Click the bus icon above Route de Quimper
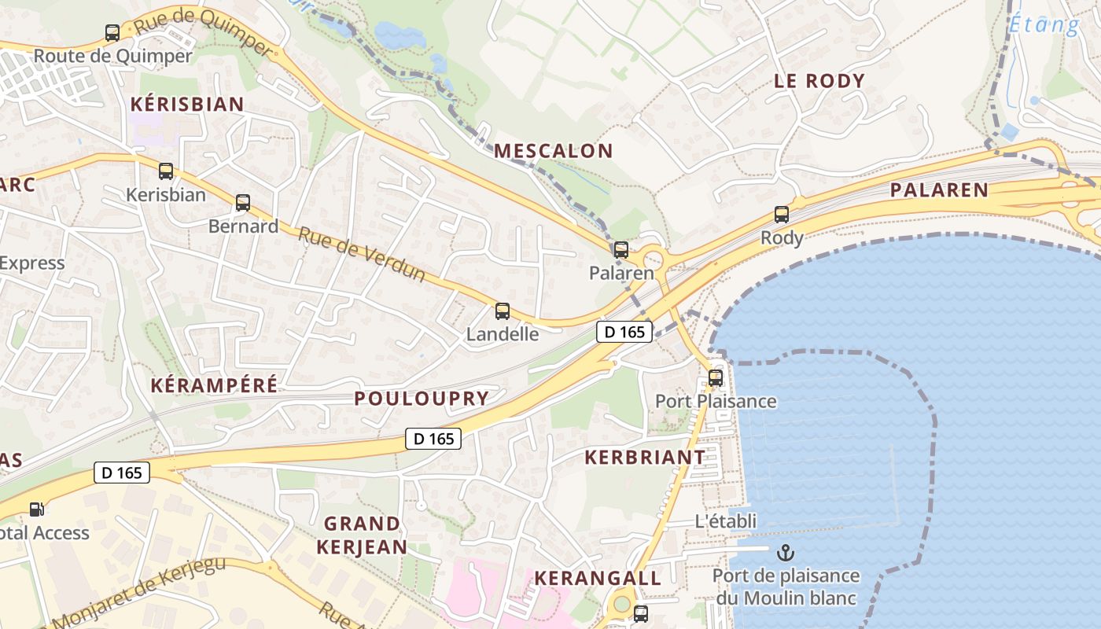click(112, 33)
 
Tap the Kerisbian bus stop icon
click(165, 171)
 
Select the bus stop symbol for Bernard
click(243, 203)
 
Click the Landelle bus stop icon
click(503, 311)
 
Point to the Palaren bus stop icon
click(621, 250)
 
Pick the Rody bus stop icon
click(782, 214)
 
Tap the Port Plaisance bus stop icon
click(716, 377)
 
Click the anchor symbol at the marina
click(786, 553)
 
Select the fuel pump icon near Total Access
click(36, 509)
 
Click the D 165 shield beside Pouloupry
click(433, 439)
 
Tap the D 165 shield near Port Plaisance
click(624, 332)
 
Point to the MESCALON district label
click(553, 151)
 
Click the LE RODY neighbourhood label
click(819, 80)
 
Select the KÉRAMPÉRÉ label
click(213, 385)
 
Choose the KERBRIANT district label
click(645, 457)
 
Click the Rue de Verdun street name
click(362, 254)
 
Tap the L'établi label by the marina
click(726, 520)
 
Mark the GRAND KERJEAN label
click(362, 535)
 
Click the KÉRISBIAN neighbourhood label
click(187, 104)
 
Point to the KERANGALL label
click(598, 578)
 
